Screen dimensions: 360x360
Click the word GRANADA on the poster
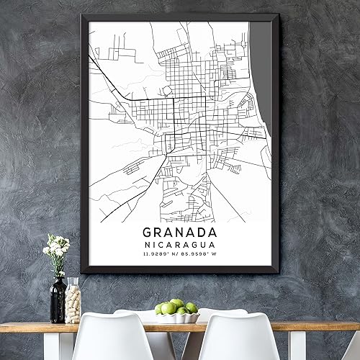pos(179,233)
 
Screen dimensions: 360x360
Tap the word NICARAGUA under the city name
pos(179,245)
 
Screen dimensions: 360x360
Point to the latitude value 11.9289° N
pos(160,254)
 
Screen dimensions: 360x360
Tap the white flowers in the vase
pos(57,246)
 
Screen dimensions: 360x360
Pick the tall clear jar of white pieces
pos(73,300)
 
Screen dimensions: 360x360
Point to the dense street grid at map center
pos(184,108)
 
